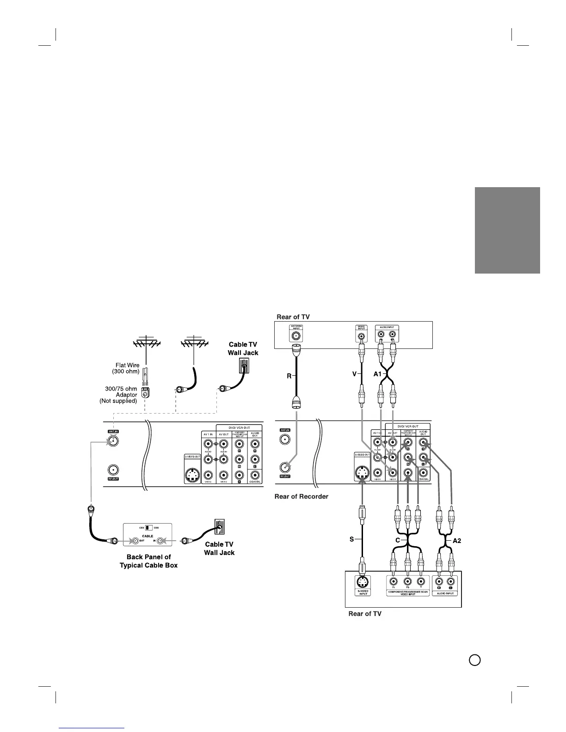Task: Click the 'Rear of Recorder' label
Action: pos(301,496)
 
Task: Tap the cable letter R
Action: pos(289,377)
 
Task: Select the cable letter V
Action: pos(354,375)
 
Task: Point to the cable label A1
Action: pos(377,375)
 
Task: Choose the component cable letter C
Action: pos(397,539)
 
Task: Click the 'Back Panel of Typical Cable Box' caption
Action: pos(148,561)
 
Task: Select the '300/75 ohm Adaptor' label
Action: pos(119,395)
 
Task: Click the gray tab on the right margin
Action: pos(507,230)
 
